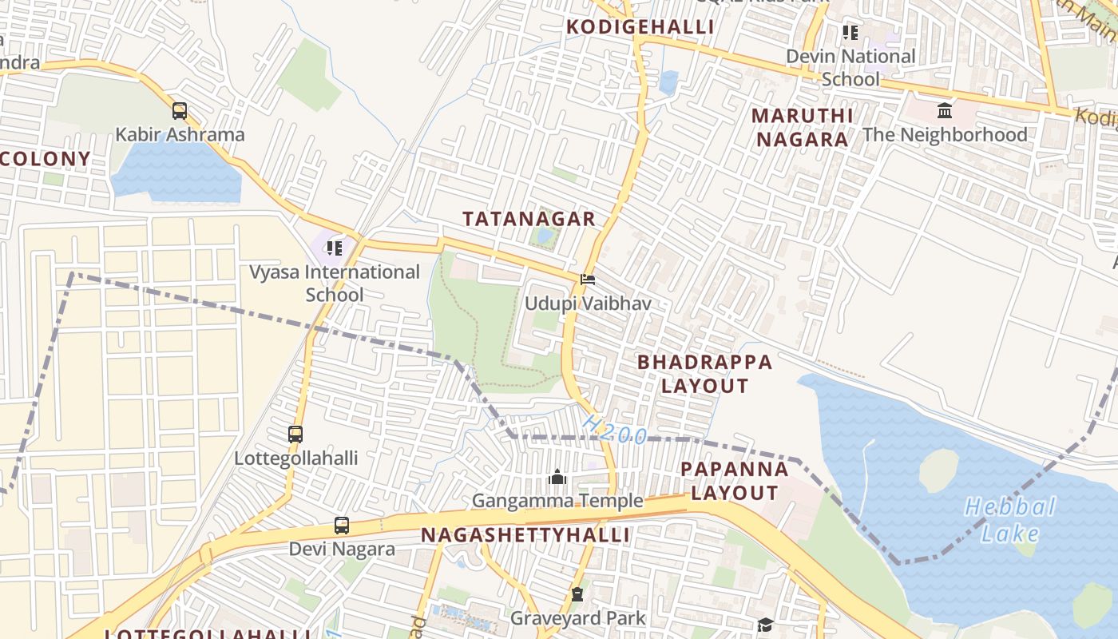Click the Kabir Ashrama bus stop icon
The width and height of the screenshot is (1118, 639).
pyautogui.click(x=180, y=111)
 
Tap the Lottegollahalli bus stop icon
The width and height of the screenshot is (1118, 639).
pyautogui.click(x=295, y=435)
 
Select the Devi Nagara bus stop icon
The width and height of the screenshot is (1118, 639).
pyautogui.click(x=342, y=526)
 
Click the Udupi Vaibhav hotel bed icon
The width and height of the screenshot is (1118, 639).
pyautogui.click(x=588, y=280)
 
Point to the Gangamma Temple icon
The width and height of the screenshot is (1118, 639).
pyautogui.click(x=557, y=478)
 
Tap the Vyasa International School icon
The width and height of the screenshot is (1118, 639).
pyautogui.click(x=334, y=248)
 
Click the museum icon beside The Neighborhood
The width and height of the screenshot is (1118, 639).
pyautogui.click(x=945, y=110)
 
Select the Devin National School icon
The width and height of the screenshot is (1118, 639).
pyautogui.click(x=850, y=33)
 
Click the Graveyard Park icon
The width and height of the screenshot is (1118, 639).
pyautogui.click(x=577, y=594)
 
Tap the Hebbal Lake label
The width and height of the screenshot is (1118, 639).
pyautogui.click(x=1010, y=520)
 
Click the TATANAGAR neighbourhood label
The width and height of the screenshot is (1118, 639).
pyautogui.click(x=529, y=219)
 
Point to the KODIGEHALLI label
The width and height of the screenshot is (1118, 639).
pyautogui.click(x=640, y=27)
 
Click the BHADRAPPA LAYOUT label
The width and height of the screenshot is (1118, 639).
pyautogui.click(x=704, y=374)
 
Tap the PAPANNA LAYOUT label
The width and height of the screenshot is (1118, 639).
pyautogui.click(x=734, y=481)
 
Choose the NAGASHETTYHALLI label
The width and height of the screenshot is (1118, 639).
pyautogui.click(x=525, y=535)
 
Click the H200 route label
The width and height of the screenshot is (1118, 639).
pyautogui.click(x=614, y=429)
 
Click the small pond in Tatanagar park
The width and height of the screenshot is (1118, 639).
pyautogui.click(x=545, y=236)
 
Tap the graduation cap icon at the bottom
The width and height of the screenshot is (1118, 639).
pyautogui.click(x=765, y=625)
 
